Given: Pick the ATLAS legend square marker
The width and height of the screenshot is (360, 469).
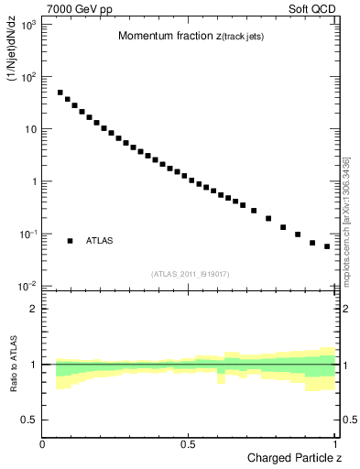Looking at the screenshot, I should pos(70,241).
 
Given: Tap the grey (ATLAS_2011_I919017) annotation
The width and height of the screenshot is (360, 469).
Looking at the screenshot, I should pos(190,274).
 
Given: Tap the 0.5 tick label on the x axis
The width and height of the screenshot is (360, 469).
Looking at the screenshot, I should pos(188,443).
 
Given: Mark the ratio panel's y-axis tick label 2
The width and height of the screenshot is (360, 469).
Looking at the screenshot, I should pos(32,309).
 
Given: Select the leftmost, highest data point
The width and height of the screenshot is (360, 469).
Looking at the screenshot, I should pos(60,93).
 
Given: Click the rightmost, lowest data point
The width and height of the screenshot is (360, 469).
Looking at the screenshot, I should pos(327,246).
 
